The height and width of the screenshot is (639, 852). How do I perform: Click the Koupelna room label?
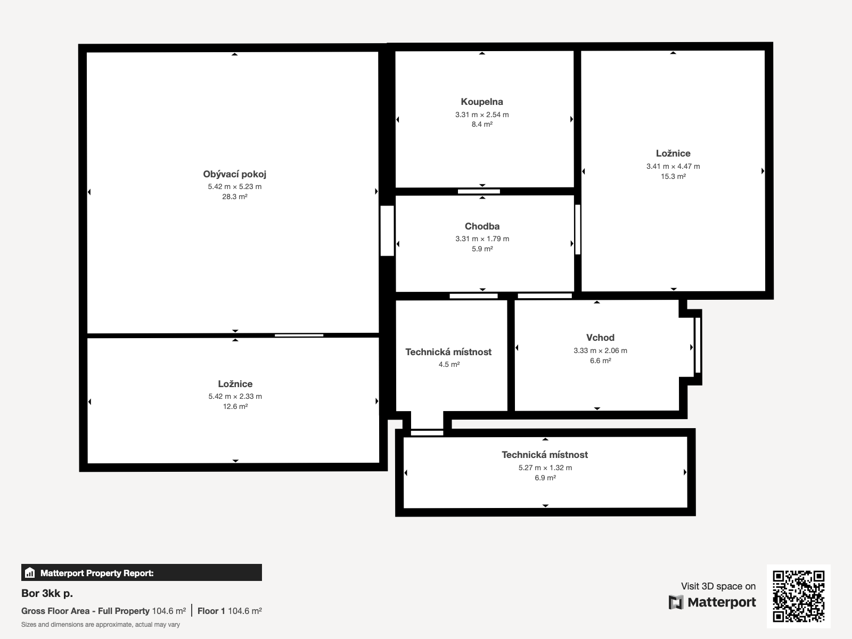pos(482,102)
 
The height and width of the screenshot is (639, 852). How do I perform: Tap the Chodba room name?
pos(482,226)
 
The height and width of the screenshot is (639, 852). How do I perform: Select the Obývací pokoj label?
pos(234,174)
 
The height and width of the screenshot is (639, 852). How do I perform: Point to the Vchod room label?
pos(600,338)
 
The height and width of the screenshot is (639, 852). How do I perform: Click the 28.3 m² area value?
pos(234,196)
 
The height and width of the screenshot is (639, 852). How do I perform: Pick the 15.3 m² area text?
pos(673,177)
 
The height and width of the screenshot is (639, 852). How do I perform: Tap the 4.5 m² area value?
pos(449,364)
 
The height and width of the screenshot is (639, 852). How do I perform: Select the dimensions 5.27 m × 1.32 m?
pos(545,468)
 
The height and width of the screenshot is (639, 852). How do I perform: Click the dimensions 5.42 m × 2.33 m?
pos(235,396)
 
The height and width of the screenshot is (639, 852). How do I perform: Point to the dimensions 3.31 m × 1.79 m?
pos(482,239)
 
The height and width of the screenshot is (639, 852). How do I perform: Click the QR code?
pos(798,596)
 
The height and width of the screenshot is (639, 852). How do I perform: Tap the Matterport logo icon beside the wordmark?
pos(676,602)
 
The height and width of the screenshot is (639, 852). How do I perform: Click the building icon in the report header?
pos(30,572)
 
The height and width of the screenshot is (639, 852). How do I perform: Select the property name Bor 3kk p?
pos(47,593)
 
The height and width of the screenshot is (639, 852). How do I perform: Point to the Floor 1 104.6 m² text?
pos(230,611)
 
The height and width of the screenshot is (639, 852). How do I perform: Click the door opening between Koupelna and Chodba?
pos(479,191)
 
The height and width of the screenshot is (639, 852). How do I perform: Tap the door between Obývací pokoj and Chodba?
pos(387,231)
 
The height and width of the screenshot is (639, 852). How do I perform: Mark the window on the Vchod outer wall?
pos(698,345)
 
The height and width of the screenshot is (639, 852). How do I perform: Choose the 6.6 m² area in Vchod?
pos(601,361)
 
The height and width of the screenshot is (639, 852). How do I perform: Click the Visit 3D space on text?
pos(718,586)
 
